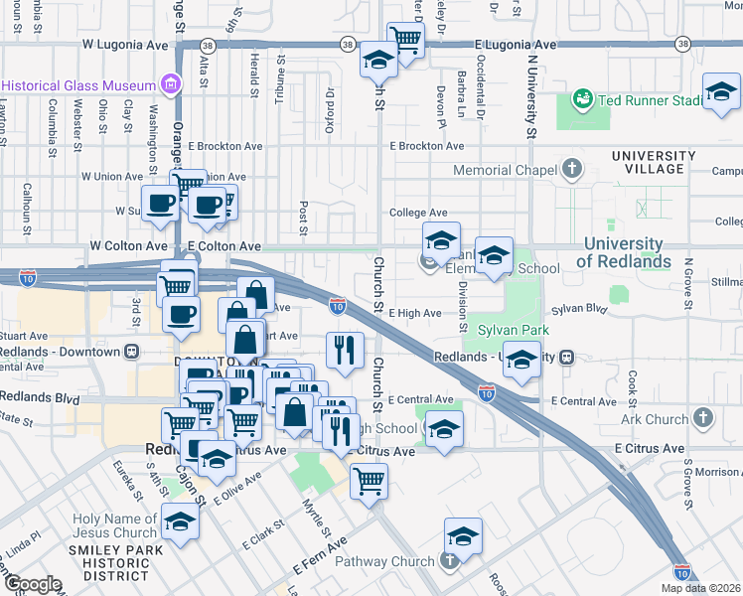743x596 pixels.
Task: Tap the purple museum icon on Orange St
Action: (173, 84)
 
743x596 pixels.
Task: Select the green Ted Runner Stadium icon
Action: (581, 99)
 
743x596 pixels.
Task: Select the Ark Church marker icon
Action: (703, 418)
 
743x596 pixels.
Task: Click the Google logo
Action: (33, 584)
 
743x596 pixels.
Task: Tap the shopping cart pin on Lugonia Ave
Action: (405, 40)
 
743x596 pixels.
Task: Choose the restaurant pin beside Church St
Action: (345, 350)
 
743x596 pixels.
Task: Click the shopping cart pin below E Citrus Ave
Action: (369, 481)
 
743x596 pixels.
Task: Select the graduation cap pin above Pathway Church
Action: (463, 536)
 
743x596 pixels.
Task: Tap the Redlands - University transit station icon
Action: (566, 357)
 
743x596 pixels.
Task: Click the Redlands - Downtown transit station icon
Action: (130, 351)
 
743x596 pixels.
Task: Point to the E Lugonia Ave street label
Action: (515, 46)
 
